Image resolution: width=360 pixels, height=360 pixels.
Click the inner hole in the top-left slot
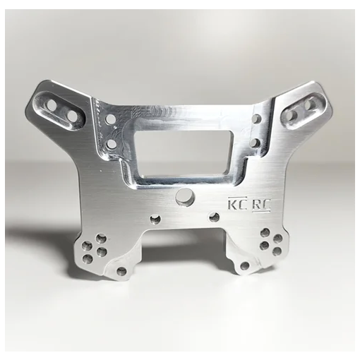pos(72,113)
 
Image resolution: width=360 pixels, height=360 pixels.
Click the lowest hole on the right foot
pos(245,266)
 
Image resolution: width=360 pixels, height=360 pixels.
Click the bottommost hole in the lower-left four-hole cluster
pos(88,259)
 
